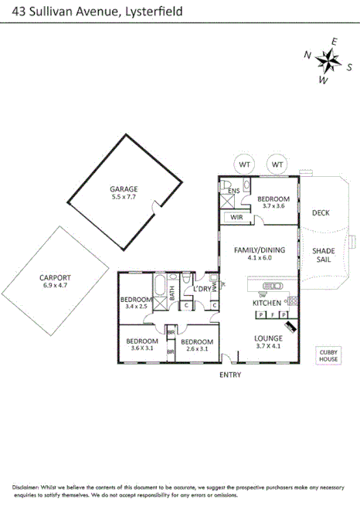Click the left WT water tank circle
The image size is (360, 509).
tap(244, 165)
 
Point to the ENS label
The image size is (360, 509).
tap(233, 190)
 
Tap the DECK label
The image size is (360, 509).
tap(321, 213)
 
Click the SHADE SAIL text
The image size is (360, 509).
tap(323, 256)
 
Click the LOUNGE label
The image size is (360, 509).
tap(269, 338)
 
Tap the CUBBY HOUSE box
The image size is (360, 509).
tap(328, 356)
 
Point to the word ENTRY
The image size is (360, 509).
tap(230, 375)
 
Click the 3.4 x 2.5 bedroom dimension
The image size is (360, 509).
tap(136, 307)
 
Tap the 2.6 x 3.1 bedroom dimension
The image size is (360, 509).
tap(196, 349)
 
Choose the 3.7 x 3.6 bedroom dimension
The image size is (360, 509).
tap(273, 206)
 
